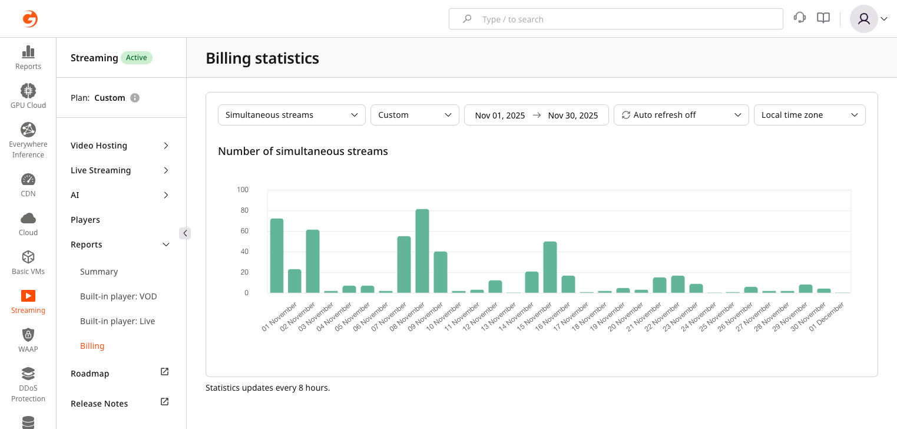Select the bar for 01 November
(x=277, y=256)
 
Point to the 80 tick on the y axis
(x=243, y=210)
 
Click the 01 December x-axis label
(x=828, y=316)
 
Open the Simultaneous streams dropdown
(x=292, y=115)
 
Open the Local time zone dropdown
(x=809, y=115)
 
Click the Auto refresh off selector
(x=681, y=115)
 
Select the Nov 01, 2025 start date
(x=499, y=115)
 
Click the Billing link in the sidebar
(x=92, y=346)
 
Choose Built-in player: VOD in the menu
(x=118, y=296)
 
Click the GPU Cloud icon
(x=28, y=91)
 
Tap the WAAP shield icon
(x=28, y=335)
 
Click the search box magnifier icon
(x=467, y=19)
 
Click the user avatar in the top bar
(x=863, y=19)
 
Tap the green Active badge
(x=137, y=58)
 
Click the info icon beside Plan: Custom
(x=135, y=98)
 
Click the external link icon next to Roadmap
(x=165, y=372)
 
